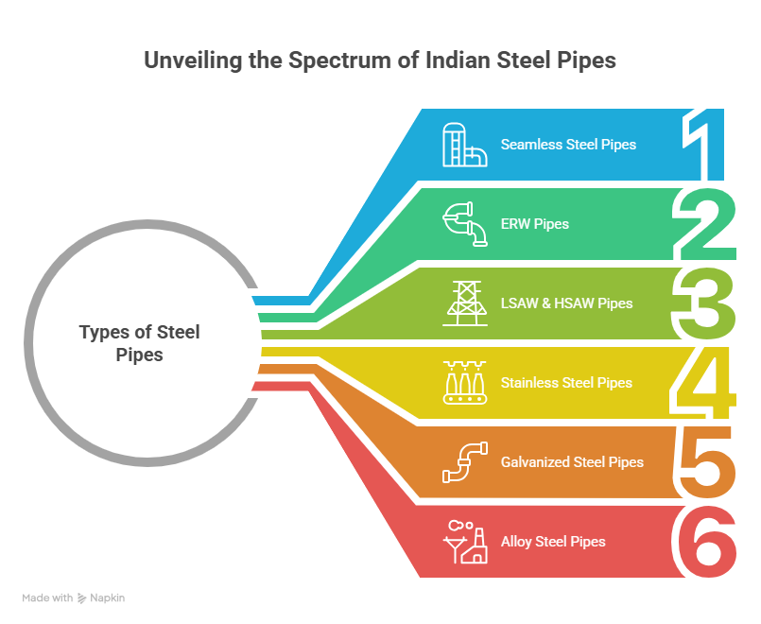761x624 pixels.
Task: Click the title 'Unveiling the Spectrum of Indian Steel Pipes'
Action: click(379, 61)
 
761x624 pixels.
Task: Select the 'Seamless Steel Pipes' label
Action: click(568, 145)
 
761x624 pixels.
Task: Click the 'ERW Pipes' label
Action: click(535, 224)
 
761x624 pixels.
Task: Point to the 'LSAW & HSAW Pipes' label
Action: click(566, 303)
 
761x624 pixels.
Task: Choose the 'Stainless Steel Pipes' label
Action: click(566, 383)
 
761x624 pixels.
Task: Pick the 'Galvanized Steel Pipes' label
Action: click(572, 462)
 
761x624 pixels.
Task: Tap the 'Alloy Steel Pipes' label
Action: click(553, 542)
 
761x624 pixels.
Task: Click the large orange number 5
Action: click(704, 462)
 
